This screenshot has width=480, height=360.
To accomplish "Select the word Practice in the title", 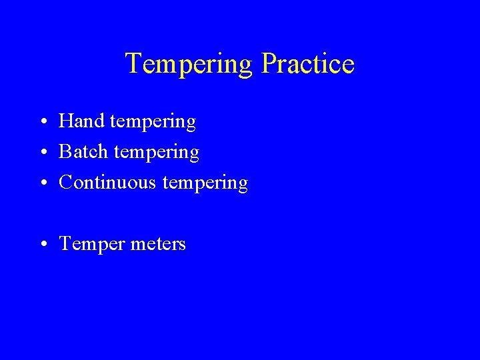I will (x=308, y=64).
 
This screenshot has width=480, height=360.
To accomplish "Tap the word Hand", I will (x=81, y=121).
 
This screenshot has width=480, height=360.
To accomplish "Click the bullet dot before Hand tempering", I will (x=42, y=123).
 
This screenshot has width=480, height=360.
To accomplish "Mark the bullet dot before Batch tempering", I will (x=42, y=153).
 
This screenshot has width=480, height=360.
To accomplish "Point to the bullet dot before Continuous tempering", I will (x=42, y=183).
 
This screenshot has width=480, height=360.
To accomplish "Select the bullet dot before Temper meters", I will (x=42, y=245).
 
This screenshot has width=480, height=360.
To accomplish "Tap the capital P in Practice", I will (x=270, y=64).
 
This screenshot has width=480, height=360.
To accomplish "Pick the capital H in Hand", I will (x=66, y=121).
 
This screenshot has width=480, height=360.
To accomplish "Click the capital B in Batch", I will (x=65, y=152).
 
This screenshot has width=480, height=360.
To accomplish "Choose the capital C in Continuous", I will (x=66, y=182).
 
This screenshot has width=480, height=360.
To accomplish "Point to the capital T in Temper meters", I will (x=65, y=243).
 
